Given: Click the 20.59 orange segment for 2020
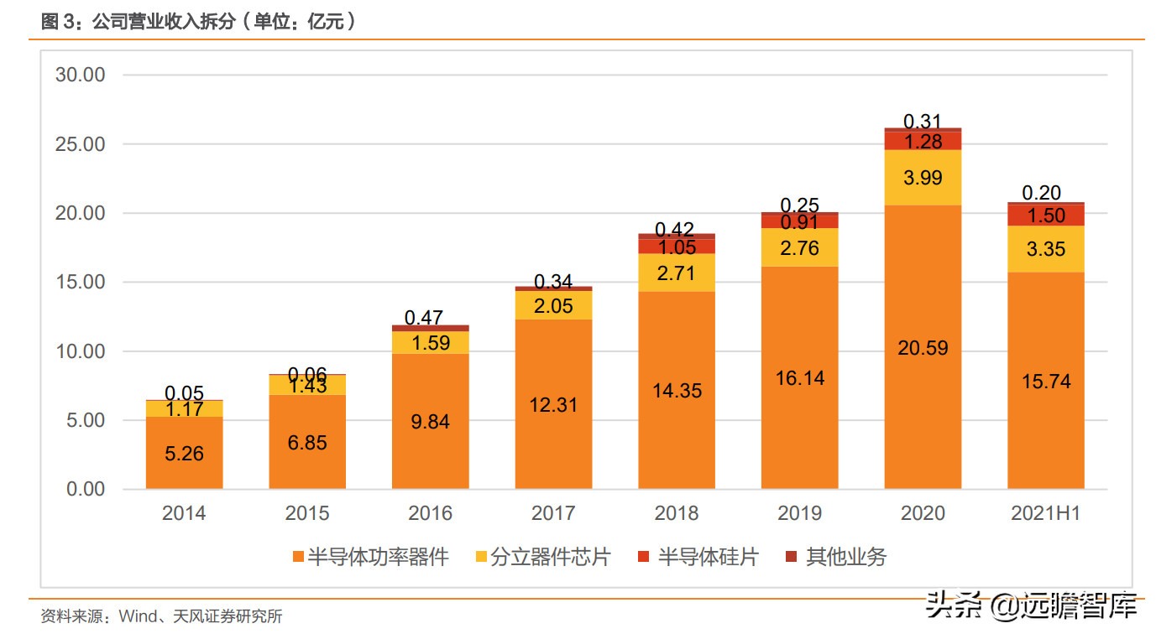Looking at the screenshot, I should [922, 347].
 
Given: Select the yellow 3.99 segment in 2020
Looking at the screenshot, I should [922, 178].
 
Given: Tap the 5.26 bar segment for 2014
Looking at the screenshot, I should [184, 453].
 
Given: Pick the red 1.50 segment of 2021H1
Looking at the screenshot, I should [1045, 216].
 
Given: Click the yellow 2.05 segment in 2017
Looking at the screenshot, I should [553, 306].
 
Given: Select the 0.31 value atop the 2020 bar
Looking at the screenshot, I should [922, 122].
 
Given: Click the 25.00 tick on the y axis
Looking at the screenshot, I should [81, 144].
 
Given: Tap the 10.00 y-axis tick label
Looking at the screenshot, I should [81, 351].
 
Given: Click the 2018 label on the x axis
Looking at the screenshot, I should [676, 513].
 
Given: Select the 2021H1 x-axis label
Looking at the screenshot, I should [1045, 513].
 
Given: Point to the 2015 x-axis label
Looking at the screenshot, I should [307, 513].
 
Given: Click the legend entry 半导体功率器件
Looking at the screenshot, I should [370, 557].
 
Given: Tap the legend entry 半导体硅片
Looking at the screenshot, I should [699, 557].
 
